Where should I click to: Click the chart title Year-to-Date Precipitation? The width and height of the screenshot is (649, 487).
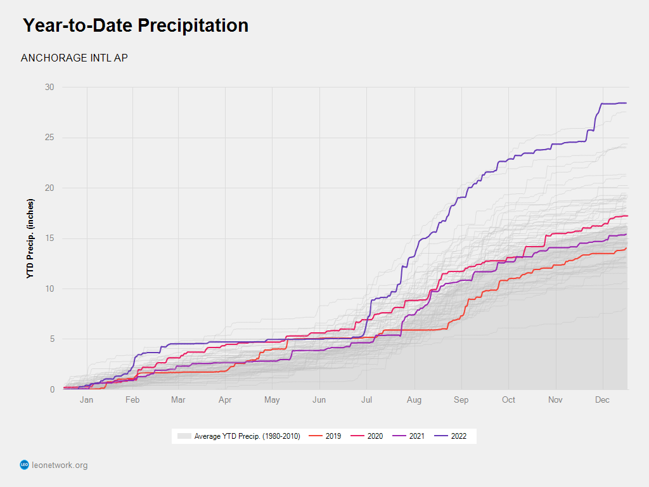pos(136,26)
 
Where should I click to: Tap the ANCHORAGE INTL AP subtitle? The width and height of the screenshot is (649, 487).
pos(75,58)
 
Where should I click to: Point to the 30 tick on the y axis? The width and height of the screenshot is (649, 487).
pos(49,88)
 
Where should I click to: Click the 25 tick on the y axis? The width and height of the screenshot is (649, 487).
pos(49,138)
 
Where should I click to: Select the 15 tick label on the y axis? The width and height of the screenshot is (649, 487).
pos(49,238)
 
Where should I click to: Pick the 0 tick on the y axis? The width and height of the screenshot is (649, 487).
pos(52,389)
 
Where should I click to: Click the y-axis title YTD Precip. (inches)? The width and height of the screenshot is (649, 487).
pos(30,238)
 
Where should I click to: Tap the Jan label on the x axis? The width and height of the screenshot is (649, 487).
pos(86,400)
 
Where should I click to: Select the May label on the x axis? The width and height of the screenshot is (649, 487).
pos(272,400)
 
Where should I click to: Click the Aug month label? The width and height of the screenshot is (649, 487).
pos(414,400)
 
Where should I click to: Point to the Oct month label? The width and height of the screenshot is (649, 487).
pos(508,400)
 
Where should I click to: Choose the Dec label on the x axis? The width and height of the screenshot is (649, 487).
pos(602,400)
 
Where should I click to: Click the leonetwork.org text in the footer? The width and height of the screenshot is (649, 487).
pos(60,465)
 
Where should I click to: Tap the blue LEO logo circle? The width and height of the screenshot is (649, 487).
pos(25,465)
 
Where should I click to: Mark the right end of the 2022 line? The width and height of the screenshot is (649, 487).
pos(626,103)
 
